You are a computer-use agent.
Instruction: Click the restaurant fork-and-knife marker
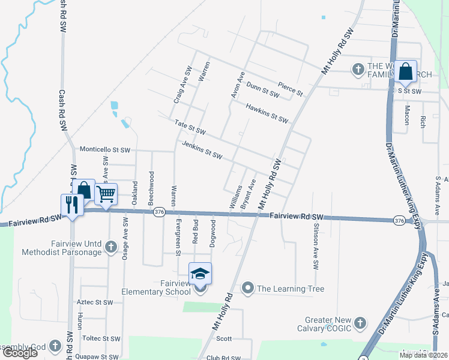tap(71, 205)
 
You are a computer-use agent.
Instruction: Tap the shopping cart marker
tap(106, 194)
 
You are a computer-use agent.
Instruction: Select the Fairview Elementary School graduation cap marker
tap(200, 274)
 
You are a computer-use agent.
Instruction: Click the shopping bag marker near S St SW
tap(406, 71)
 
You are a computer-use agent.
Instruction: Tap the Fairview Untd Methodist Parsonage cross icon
tap(110, 247)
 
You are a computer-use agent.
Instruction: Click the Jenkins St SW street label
tap(202, 150)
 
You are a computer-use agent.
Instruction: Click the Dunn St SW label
tap(263, 89)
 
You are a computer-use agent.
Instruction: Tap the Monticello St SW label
tap(105, 149)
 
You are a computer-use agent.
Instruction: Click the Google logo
tap(19, 353)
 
